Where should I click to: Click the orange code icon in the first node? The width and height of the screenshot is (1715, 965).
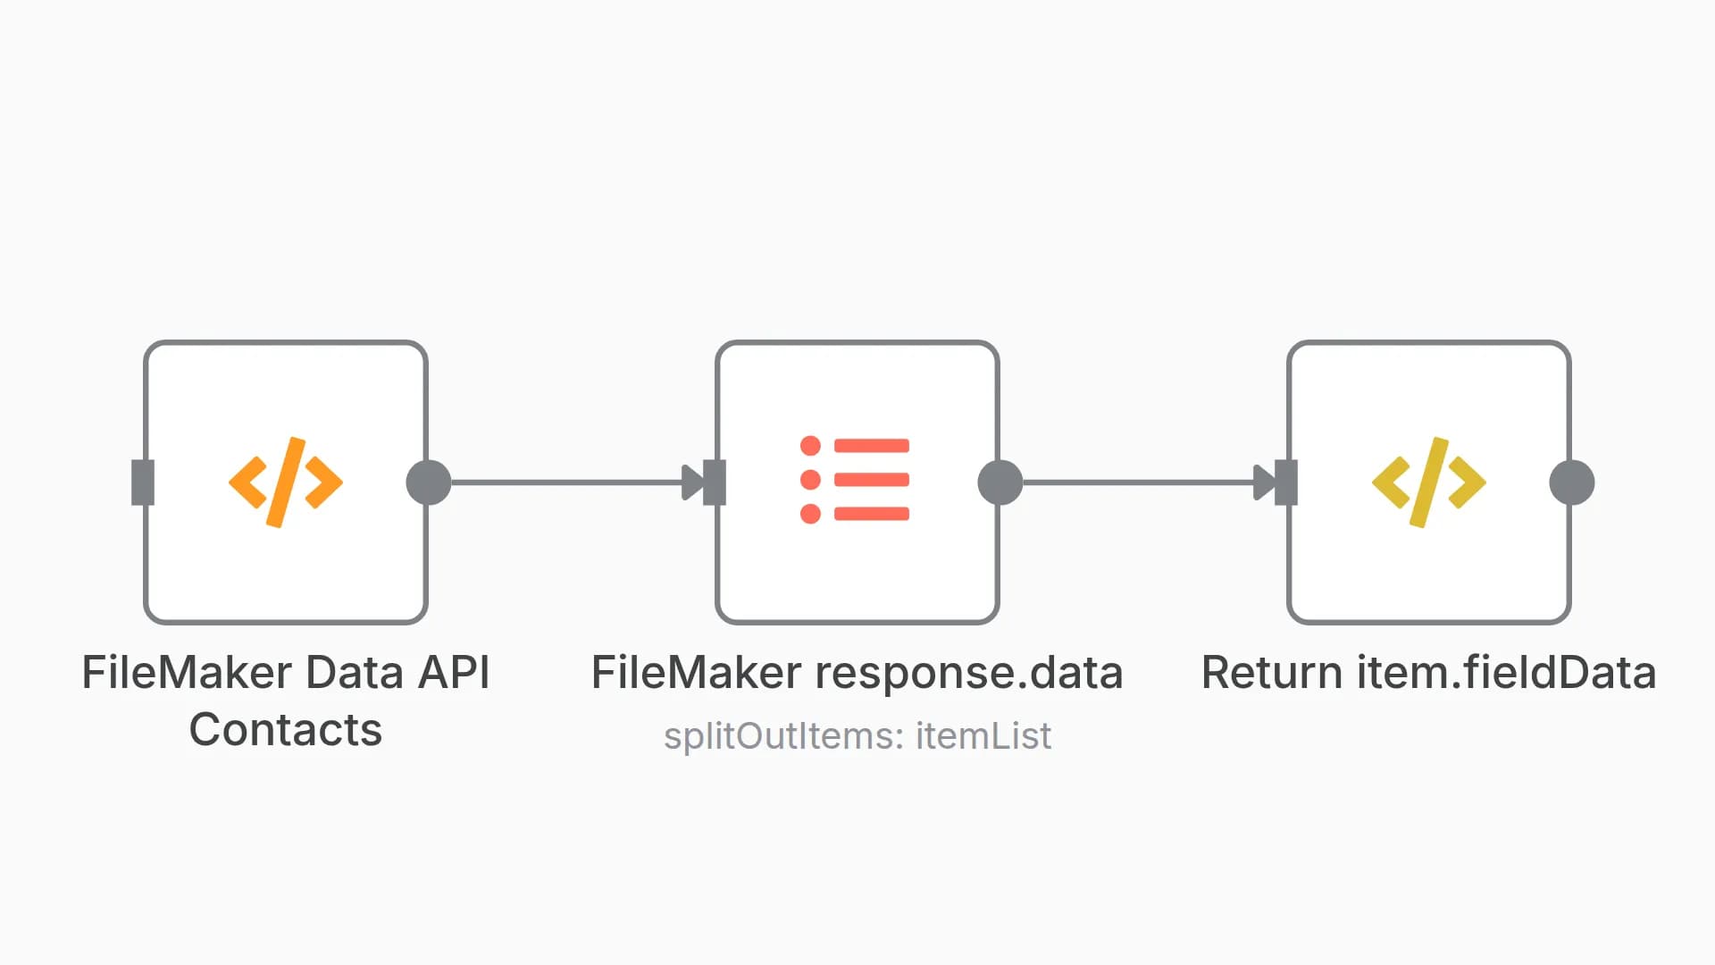click(x=285, y=482)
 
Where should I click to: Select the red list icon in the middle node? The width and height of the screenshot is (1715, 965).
click(x=856, y=480)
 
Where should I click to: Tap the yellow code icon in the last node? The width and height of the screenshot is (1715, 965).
click(x=1428, y=482)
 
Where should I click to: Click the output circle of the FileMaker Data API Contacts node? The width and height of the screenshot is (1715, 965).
click(x=429, y=482)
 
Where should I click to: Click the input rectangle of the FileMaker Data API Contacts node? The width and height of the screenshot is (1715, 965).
click(x=143, y=482)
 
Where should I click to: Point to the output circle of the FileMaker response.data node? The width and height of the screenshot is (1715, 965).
click(x=1000, y=482)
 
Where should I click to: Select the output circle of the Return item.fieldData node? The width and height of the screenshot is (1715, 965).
click(x=1572, y=482)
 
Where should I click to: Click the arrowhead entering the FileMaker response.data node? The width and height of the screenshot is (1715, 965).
click(x=692, y=482)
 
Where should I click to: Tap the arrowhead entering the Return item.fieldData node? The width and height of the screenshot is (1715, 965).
click(x=1264, y=482)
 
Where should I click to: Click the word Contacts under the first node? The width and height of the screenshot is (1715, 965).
click(x=285, y=730)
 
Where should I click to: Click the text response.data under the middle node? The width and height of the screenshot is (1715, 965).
click(x=969, y=673)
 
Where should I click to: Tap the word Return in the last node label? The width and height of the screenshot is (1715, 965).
click(x=1272, y=673)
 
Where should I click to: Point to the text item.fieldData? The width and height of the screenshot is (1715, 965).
click(x=1507, y=673)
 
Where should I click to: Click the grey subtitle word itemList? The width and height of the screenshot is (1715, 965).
click(x=983, y=736)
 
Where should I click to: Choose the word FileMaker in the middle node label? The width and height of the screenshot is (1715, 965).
click(x=697, y=673)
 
